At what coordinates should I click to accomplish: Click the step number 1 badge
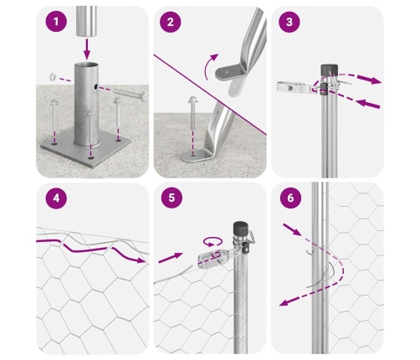click(56, 22)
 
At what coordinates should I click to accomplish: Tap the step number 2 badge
click(171, 22)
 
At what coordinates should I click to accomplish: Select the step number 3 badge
click(289, 22)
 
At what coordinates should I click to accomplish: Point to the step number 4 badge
click(56, 198)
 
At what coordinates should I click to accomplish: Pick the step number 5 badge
click(172, 198)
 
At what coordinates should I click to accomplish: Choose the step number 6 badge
click(290, 198)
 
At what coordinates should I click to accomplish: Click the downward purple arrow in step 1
click(87, 49)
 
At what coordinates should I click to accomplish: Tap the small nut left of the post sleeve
click(53, 77)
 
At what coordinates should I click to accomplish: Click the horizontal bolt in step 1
click(130, 95)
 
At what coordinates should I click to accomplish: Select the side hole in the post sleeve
click(95, 87)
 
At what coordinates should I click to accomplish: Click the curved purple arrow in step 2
click(210, 66)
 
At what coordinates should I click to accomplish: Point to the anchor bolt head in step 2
click(193, 100)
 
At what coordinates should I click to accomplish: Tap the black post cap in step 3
click(329, 69)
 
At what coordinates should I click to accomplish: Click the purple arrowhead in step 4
click(141, 260)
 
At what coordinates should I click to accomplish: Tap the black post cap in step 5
click(241, 229)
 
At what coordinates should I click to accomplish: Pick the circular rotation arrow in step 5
click(213, 242)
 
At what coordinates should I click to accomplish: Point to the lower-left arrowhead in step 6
click(284, 302)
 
